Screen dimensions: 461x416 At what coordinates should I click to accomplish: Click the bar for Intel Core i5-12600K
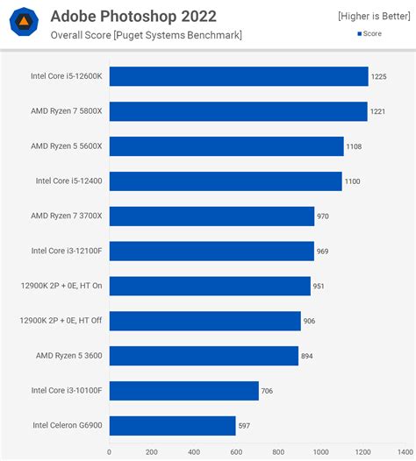coord(239,76)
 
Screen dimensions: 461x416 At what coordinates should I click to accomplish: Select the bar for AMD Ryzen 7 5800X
coord(238,111)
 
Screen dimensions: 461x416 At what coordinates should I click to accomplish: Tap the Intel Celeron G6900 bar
coord(172,426)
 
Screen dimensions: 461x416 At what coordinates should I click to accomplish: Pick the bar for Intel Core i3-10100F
coord(183,391)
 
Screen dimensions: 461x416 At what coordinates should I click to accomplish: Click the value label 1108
coord(355,146)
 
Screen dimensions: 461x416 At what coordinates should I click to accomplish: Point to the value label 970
coord(324,216)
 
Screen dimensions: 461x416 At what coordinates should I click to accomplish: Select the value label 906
coord(310,321)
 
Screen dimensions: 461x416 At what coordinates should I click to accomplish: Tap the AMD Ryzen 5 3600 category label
coord(67,356)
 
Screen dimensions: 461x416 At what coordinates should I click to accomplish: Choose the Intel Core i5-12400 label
coord(68,181)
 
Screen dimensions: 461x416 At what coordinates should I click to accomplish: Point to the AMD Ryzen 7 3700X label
coord(67,216)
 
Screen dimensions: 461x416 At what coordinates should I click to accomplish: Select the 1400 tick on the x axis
coord(403,453)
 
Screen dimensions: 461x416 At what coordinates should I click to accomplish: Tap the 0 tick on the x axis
coord(110,453)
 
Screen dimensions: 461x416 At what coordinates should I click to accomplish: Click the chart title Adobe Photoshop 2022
coord(133,16)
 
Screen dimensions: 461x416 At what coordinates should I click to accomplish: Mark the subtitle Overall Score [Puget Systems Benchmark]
coord(146,35)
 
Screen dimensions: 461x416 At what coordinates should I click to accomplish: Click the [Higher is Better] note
coord(372,17)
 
